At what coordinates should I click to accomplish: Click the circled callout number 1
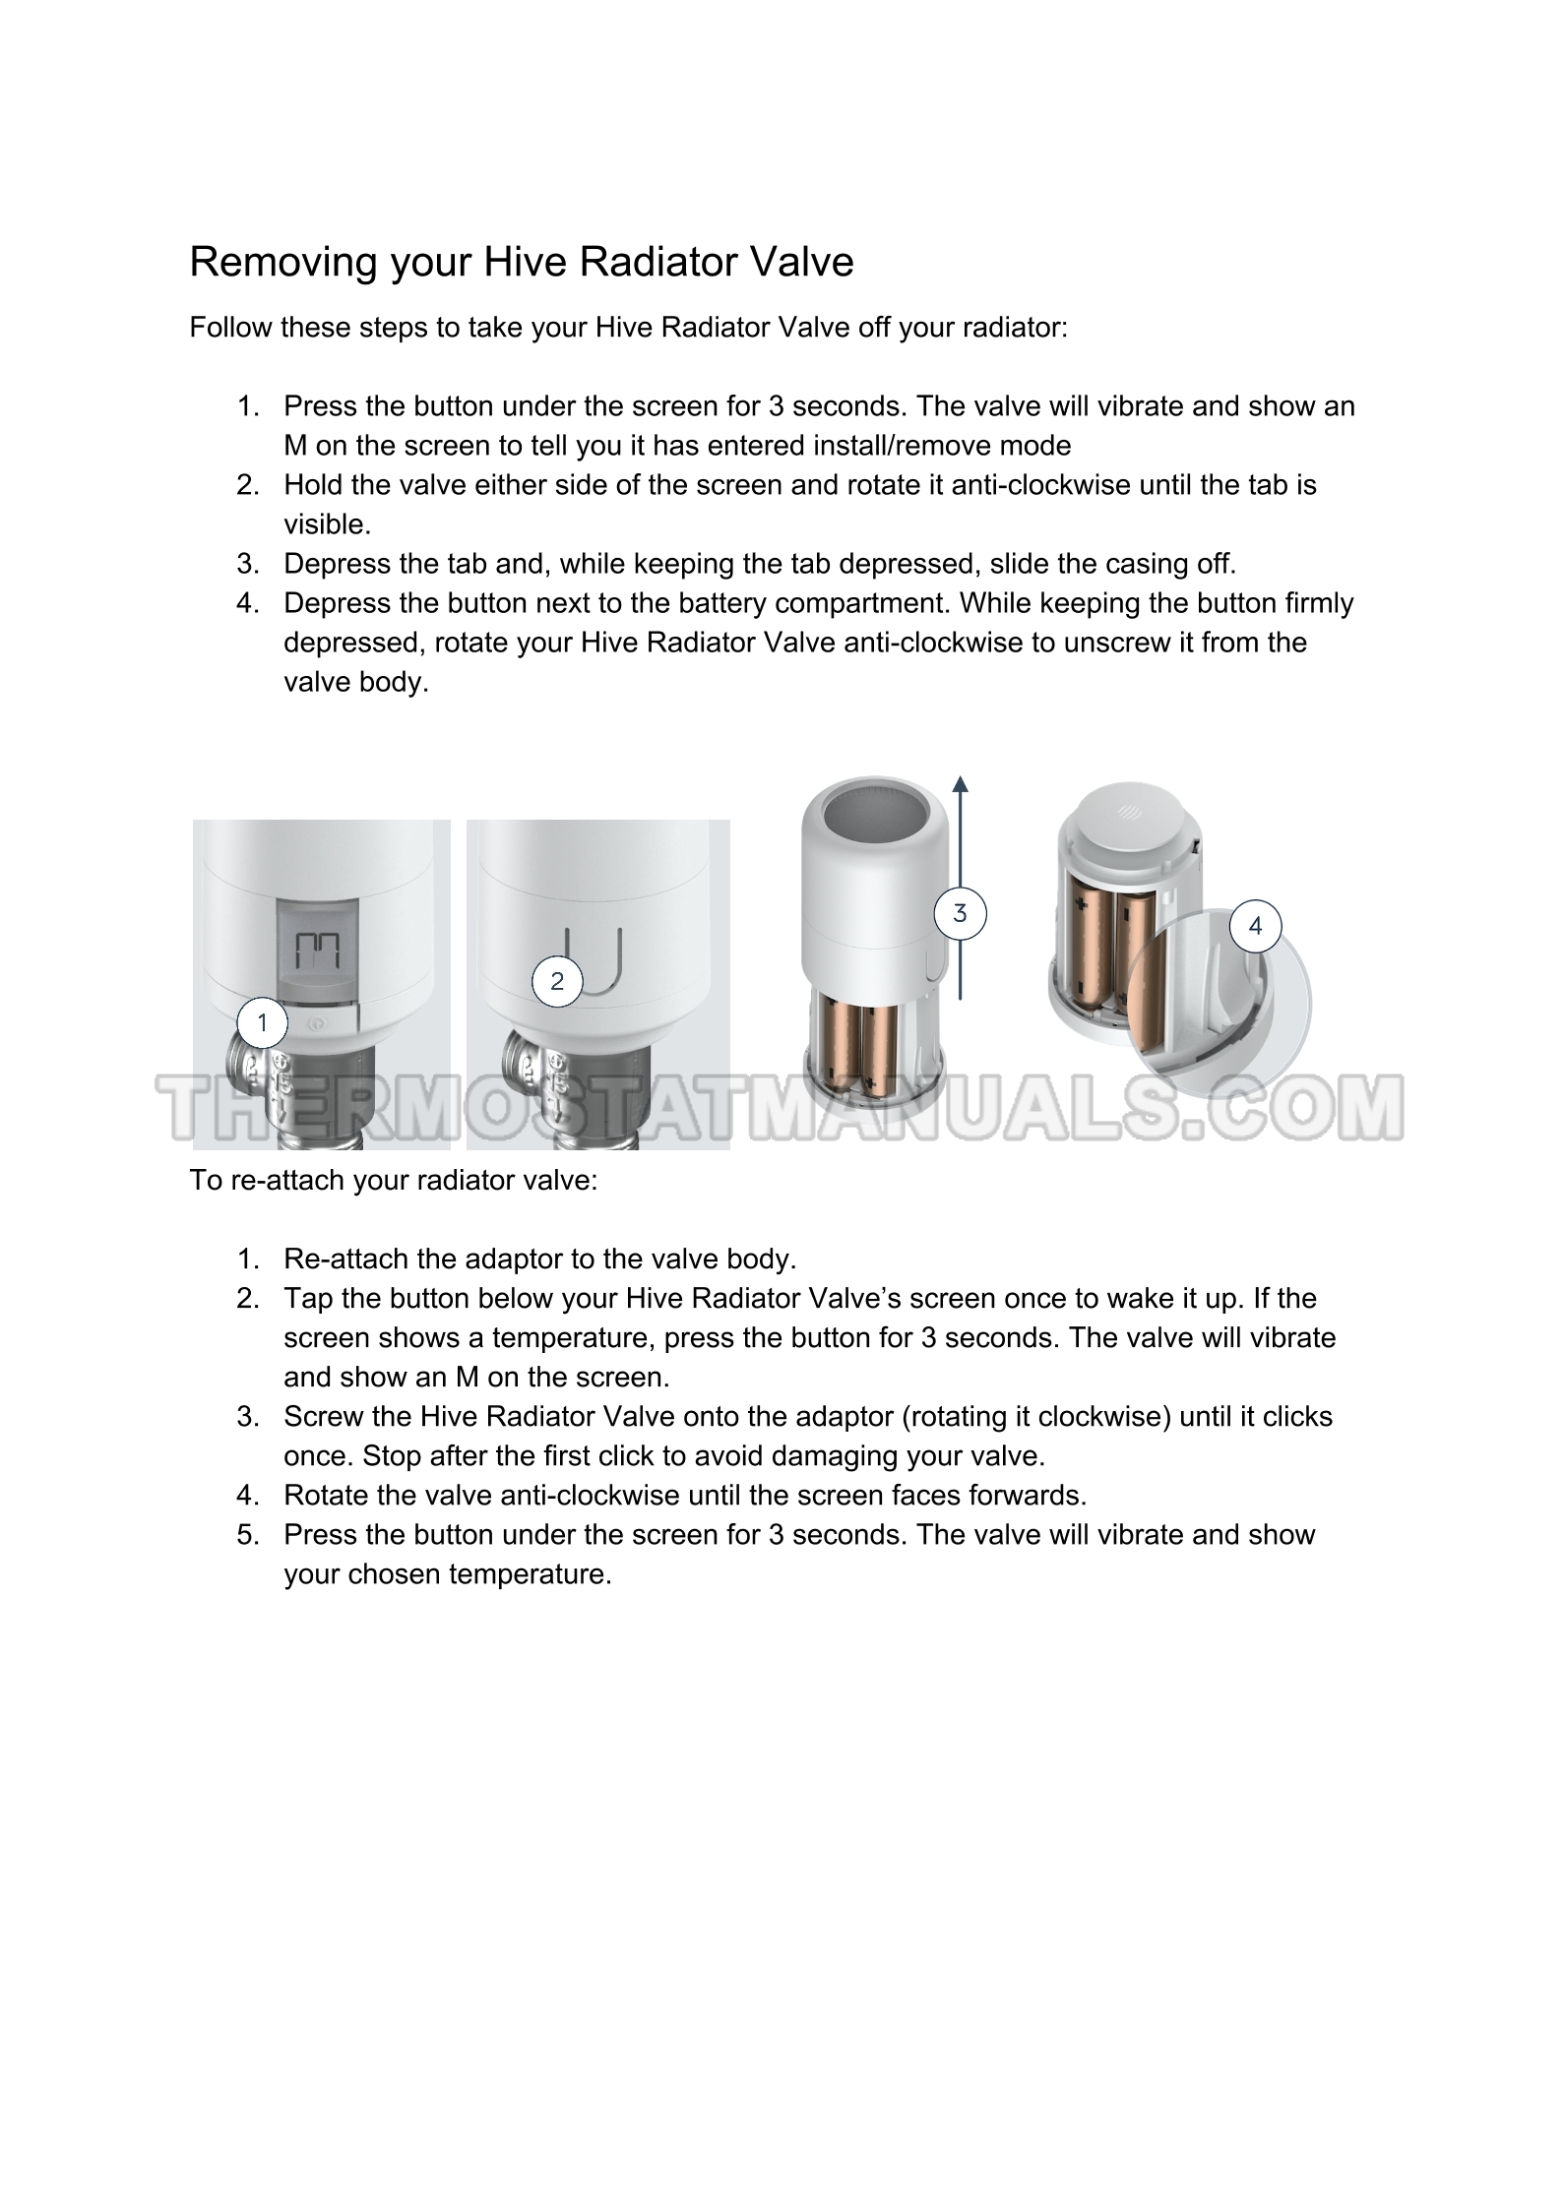262,1023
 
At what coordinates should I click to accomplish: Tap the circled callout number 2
557,981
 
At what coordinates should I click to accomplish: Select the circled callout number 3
960,913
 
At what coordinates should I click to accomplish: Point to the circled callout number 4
1255,926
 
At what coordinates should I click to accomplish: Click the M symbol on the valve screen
318,951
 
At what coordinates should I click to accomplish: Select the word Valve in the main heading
801,263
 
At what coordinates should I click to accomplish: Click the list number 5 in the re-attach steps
247,1535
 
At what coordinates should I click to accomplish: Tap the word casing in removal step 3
1149,564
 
